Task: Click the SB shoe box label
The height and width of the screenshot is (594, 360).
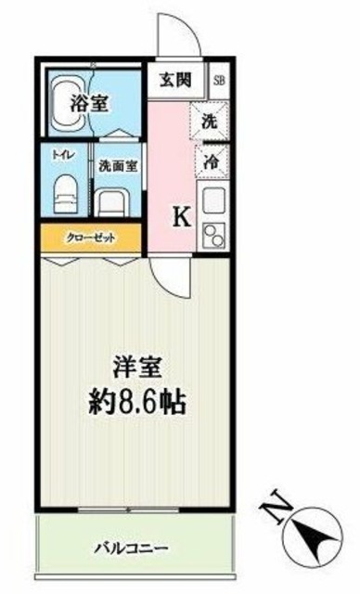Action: (219, 80)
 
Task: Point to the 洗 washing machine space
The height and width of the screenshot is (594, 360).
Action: (211, 120)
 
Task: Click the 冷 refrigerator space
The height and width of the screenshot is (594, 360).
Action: (211, 160)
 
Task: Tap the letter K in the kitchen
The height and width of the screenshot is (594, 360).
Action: (183, 217)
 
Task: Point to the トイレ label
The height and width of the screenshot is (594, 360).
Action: (62, 158)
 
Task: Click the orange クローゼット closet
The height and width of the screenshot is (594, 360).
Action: (90, 238)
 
